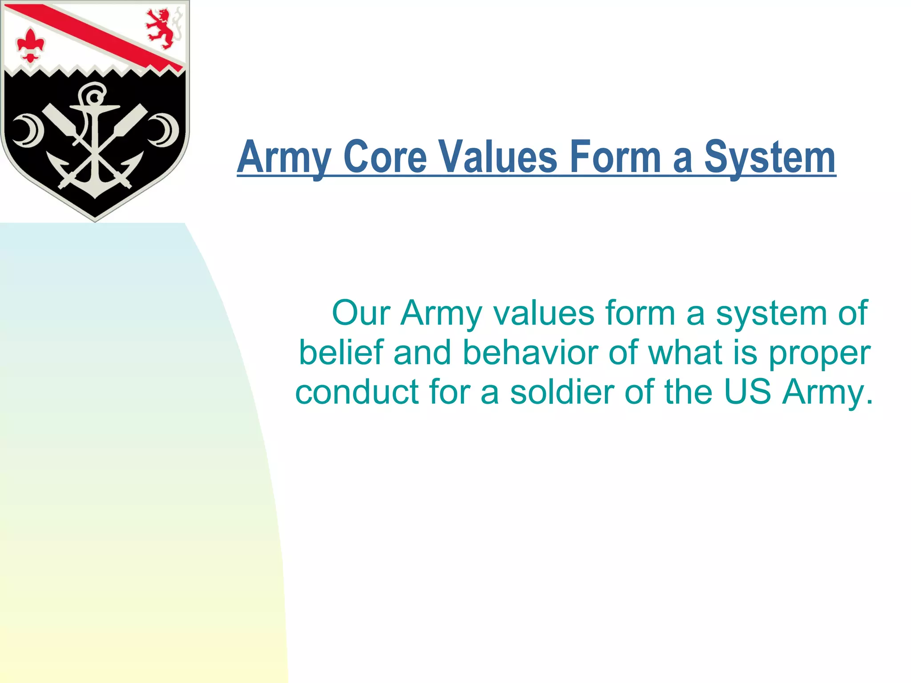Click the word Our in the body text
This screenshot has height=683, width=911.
click(361, 313)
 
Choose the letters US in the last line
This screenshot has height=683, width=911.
click(747, 392)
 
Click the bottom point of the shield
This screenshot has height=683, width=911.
click(95, 219)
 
